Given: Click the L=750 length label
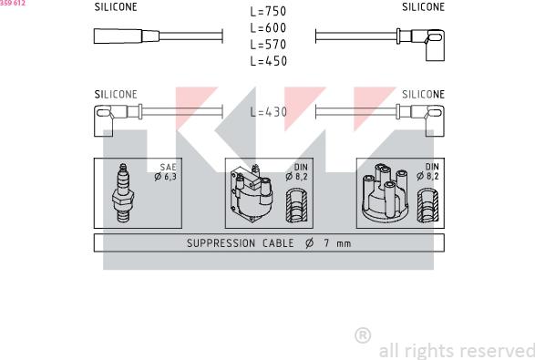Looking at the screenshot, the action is coord(268,11).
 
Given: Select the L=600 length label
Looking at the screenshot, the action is coord(268,28).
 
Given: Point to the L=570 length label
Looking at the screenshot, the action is coord(268,45).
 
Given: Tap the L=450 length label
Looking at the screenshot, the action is coord(268,61).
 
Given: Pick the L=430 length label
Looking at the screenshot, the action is coord(268,111).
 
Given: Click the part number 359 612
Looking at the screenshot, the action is coord(13,3).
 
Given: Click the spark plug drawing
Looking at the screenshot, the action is coord(123,193).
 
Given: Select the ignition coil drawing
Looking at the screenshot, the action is coord(252,193).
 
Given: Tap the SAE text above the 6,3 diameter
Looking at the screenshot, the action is coord(169,167).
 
